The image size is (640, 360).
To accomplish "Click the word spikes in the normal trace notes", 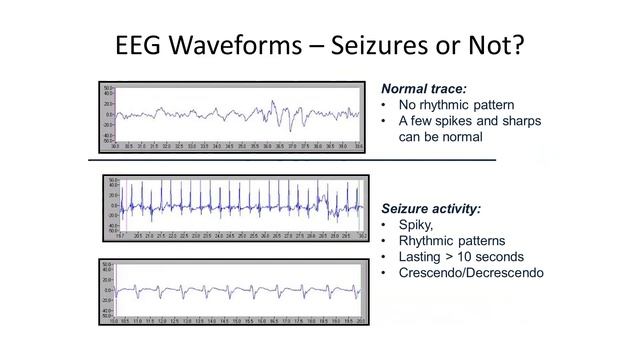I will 455,121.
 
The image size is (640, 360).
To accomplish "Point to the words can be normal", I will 441,136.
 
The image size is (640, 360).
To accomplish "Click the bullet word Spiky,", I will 416,225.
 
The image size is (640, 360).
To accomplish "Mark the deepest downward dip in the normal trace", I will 289,130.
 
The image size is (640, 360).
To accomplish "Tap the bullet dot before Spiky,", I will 385,225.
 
